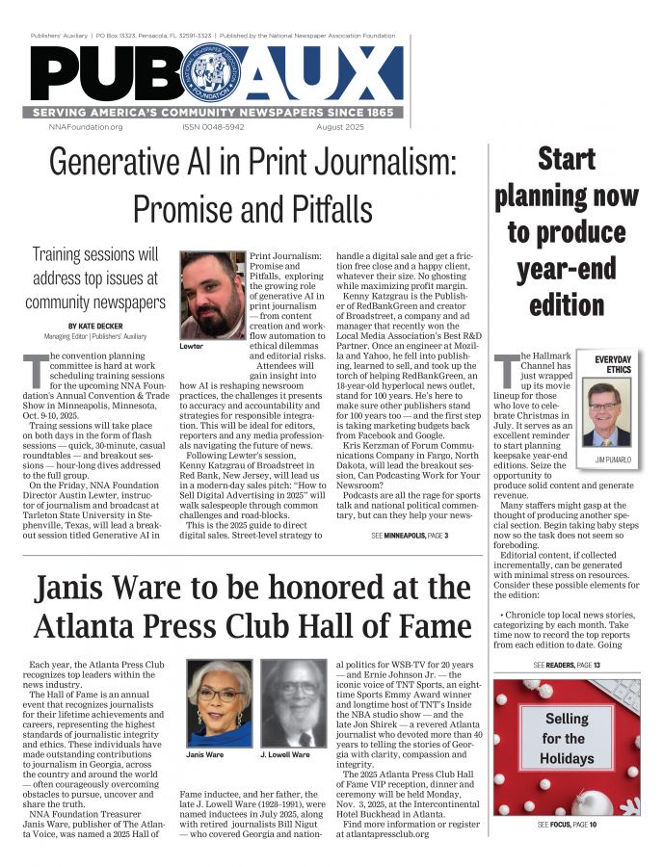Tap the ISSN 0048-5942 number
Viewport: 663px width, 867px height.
pyautogui.click(x=213, y=127)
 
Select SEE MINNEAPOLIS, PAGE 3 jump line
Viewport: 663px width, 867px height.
pyautogui.click(x=410, y=535)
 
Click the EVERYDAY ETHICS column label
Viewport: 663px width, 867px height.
pyautogui.click(x=613, y=364)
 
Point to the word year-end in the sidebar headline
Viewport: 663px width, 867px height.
pyautogui.click(x=566, y=269)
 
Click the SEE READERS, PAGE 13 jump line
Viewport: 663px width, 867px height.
pyautogui.click(x=567, y=666)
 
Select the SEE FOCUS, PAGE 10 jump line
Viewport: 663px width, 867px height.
pyautogui.click(x=567, y=826)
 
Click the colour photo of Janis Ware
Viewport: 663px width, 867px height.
pyautogui.click(x=220, y=702)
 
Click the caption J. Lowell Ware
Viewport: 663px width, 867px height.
pyautogui.click(x=285, y=754)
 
